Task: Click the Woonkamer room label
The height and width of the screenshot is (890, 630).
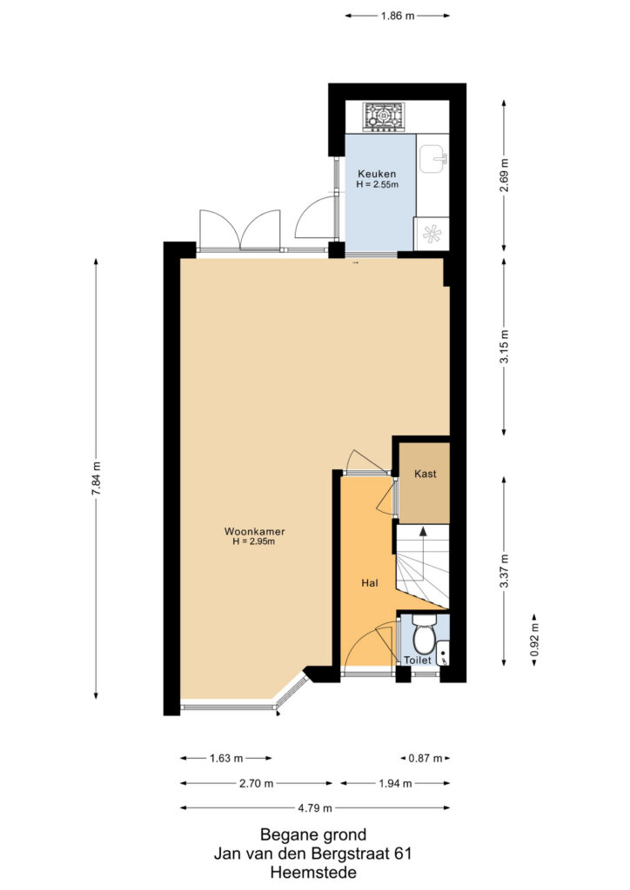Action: [254, 532]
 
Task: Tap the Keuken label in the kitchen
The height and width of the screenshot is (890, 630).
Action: [377, 174]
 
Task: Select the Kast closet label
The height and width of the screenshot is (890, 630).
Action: [425, 474]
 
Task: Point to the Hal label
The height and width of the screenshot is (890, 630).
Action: [369, 583]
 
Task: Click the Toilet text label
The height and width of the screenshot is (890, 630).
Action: [418, 661]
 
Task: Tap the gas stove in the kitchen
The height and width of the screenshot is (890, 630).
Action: [384, 117]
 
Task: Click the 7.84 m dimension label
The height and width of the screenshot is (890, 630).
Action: [96, 479]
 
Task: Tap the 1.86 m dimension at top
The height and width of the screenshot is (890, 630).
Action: [397, 16]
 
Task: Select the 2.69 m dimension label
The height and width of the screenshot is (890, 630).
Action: [504, 175]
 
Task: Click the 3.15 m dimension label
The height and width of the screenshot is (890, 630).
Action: [504, 347]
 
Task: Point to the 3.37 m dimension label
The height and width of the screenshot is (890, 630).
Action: [504, 572]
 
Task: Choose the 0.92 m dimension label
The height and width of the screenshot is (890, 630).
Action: [534, 641]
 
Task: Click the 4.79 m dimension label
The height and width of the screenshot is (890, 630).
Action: [315, 807]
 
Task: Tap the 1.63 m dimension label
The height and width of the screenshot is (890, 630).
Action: [226, 758]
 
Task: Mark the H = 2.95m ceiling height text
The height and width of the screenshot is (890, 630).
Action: [253, 541]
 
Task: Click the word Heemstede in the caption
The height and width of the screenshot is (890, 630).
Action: [313, 872]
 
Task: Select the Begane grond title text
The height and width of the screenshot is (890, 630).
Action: [313, 835]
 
